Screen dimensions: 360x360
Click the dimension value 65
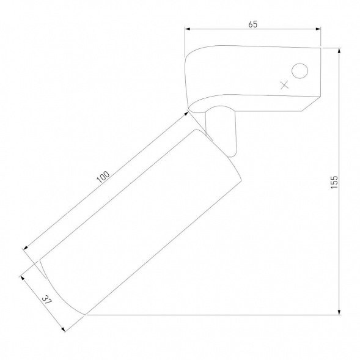coord(253,24)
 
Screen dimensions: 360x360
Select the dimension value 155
coord(334,182)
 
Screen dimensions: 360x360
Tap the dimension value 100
coord(103,177)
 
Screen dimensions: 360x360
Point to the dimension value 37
coord(47,299)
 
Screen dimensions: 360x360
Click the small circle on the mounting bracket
coord(299,71)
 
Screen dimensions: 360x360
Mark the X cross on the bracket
coord(284,85)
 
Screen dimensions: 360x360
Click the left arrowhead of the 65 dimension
coord(188,29)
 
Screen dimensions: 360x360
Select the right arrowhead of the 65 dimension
coord(318,29)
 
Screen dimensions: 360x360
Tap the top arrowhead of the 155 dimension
coord(339,51)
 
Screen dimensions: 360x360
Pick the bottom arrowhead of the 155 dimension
coord(339,312)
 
